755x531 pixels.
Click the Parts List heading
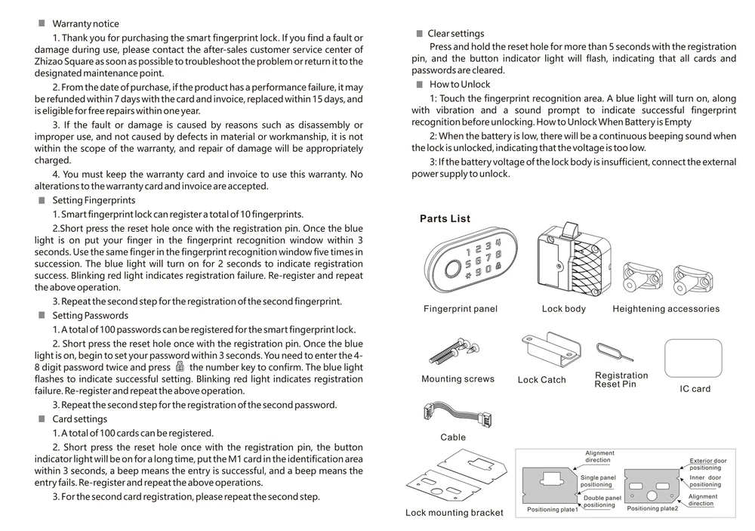point(445,219)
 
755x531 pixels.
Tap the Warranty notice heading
point(85,24)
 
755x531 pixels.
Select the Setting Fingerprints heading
point(94,200)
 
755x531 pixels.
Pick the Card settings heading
point(79,419)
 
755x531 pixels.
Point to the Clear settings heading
point(456,33)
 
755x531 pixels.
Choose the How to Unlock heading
point(460,85)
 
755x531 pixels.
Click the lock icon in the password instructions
point(180,366)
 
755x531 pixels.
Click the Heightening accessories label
point(666,309)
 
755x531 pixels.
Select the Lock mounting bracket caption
point(454,513)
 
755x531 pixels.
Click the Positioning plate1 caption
point(552,510)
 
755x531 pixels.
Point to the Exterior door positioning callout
point(708,464)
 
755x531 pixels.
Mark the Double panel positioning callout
point(601,501)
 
